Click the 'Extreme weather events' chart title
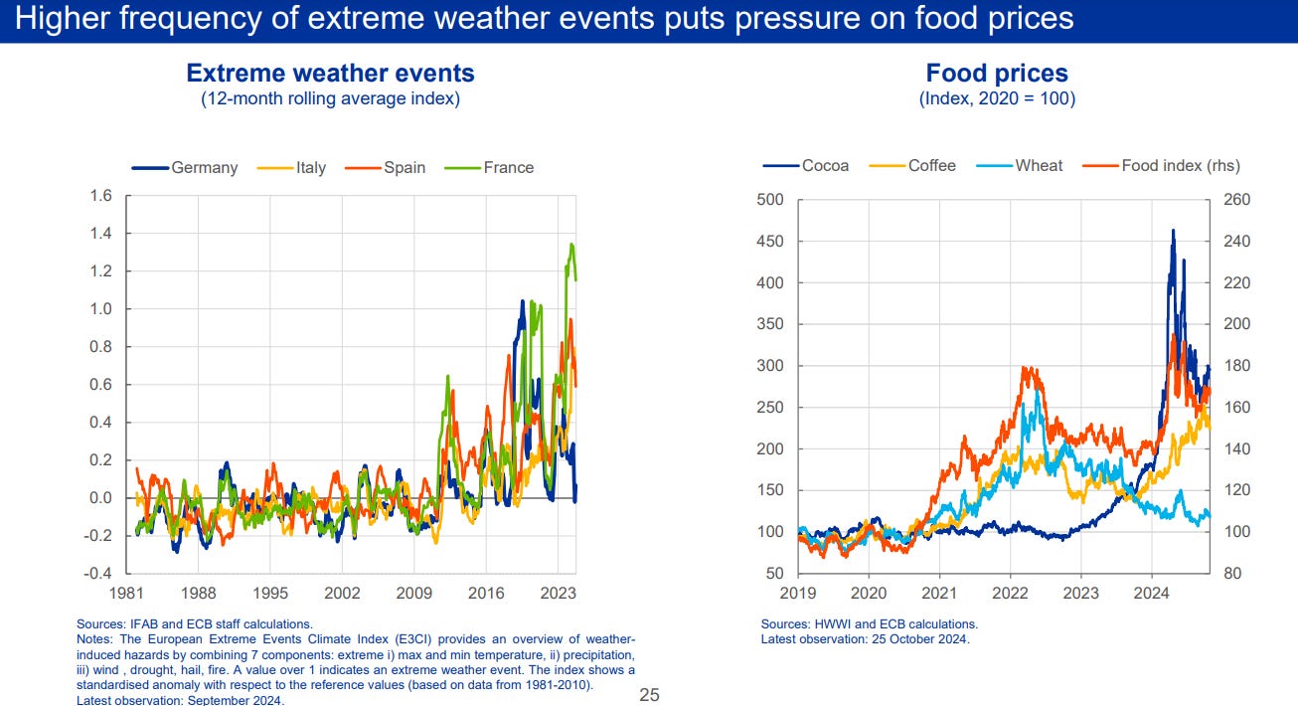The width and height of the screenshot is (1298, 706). click(330, 74)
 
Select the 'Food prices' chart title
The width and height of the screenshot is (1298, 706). click(997, 74)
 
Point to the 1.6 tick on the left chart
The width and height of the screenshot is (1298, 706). click(100, 196)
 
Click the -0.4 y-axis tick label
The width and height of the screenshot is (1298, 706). click(97, 574)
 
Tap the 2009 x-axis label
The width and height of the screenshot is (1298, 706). click(414, 594)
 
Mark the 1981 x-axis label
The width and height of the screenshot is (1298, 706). click(127, 594)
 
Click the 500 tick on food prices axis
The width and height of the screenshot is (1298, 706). click(770, 200)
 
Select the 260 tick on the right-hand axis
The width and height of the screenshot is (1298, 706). click(1236, 200)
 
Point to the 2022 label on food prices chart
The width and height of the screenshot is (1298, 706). click(1010, 594)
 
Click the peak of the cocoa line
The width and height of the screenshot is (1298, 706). click(1173, 231)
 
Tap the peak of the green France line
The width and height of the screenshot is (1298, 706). click(570, 244)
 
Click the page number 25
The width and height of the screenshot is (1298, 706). click(649, 695)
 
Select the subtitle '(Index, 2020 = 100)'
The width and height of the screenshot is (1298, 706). click(997, 98)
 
